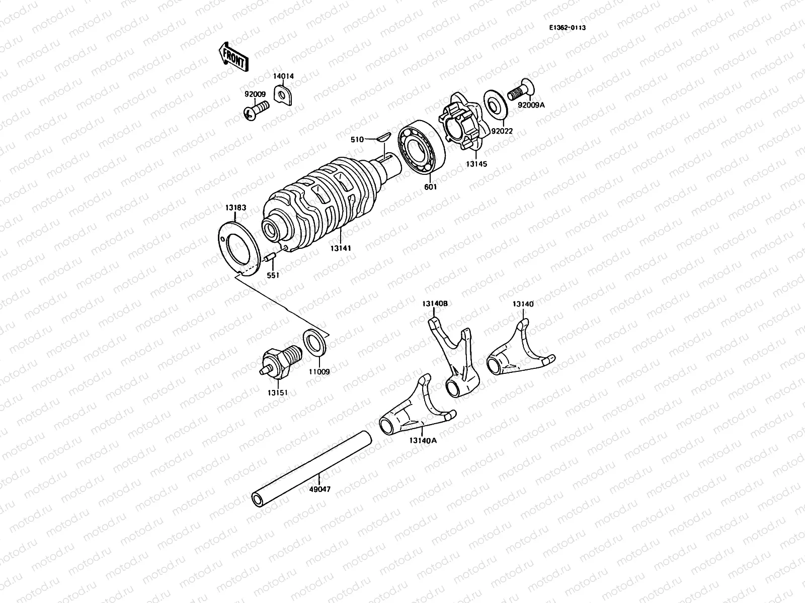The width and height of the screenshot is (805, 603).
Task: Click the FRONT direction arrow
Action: pos(233,56)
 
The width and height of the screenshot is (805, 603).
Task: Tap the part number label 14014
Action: pos(283,76)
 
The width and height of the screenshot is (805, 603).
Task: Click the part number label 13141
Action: pos(340,248)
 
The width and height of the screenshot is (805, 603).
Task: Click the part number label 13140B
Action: pos(435,303)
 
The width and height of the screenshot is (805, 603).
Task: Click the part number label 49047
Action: pos(320,489)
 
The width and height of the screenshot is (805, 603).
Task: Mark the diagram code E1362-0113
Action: pos(567,28)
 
